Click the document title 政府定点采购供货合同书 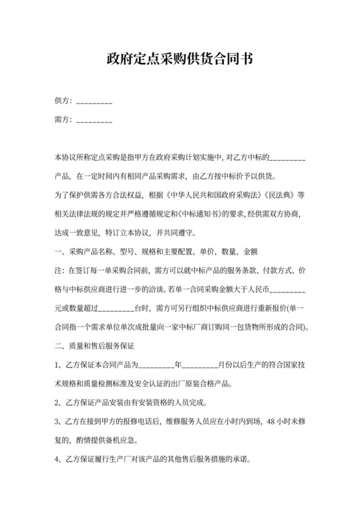tap(179, 60)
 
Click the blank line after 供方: tap(94, 102)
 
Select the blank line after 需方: tap(94, 120)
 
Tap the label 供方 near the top tap(63, 101)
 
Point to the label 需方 tap(63, 119)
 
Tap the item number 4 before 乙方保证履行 tap(57, 460)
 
